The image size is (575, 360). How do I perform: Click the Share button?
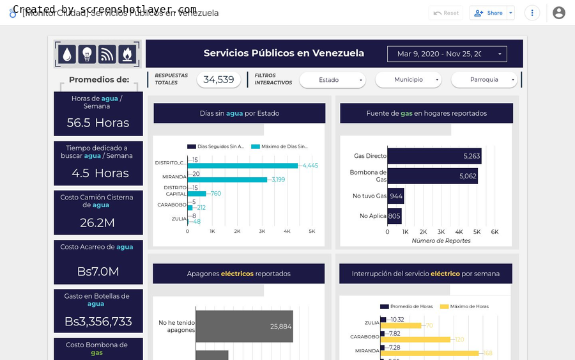(x=489, y=13)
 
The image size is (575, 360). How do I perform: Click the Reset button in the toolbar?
(x=446, y=13)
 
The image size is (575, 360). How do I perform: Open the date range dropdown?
(x=447, y=54)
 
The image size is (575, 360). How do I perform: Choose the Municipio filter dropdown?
(x=408, y=80)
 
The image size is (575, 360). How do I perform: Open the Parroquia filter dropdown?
(x=484, y=80)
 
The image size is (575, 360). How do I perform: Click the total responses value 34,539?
(x=219, y=80)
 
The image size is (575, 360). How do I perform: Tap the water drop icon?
(x=67, y=54)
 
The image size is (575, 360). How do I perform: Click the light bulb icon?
(x=87, y=54)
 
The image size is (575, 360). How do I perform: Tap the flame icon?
(x=127, y=54)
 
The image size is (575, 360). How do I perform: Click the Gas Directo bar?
(x=434, y=156)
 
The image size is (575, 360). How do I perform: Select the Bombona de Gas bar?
(x=432, y=176)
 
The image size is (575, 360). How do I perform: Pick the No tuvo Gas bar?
(x=395, y=196)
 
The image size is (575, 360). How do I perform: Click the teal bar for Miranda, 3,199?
(x=227, y=180)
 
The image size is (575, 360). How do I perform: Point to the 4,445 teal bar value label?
(x=310, y=166)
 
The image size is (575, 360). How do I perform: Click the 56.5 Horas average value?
(x=98, y=123)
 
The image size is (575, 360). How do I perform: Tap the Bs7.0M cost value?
(x=98, y=271)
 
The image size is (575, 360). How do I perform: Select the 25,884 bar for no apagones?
(x=244, y=326)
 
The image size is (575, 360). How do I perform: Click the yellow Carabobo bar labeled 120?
(x=418, y=340)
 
